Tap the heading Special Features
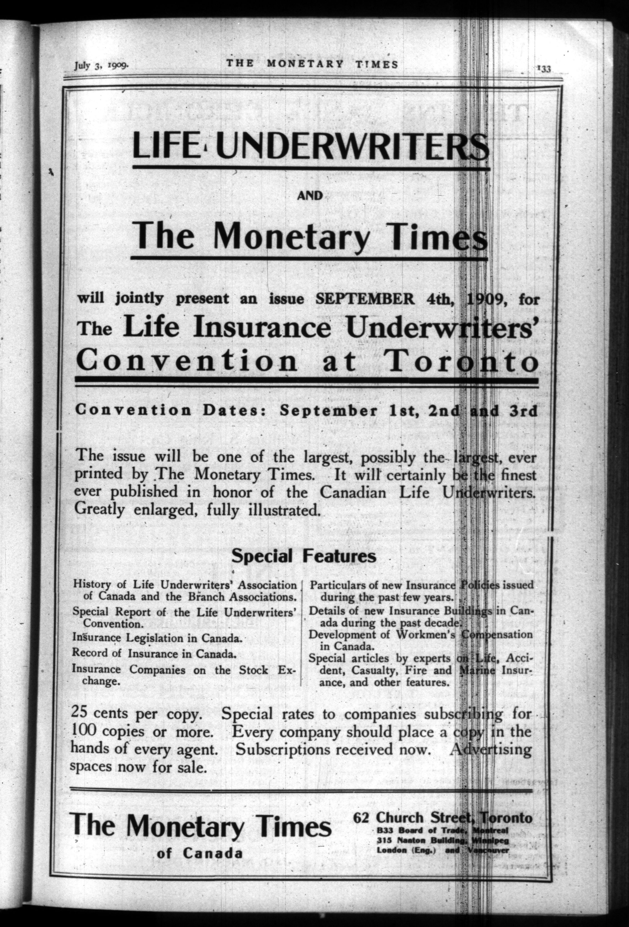tap(304, 556)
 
